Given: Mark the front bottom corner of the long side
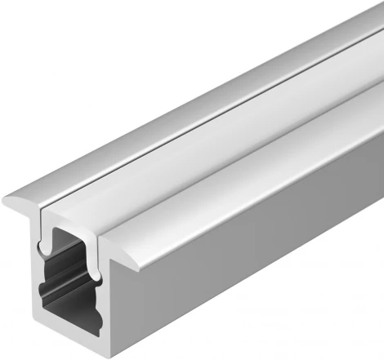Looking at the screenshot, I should [111, 357].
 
